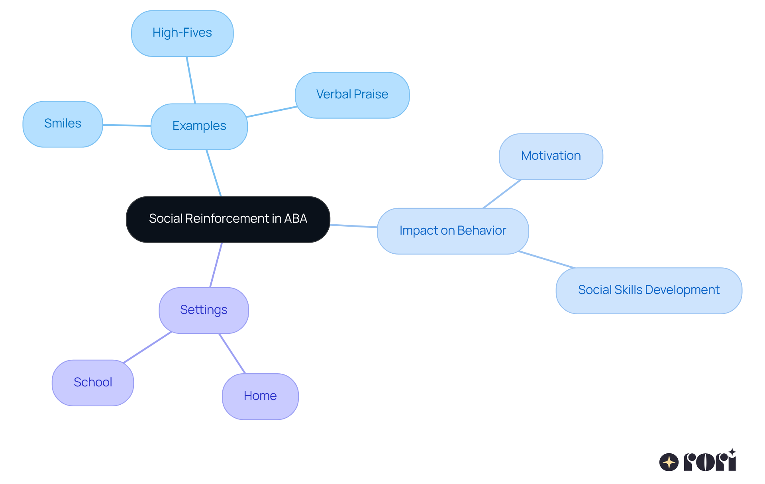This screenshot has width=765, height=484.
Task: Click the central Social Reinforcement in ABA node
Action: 228,219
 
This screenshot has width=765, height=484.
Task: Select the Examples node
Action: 199,126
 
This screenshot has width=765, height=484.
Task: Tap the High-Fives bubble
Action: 182,33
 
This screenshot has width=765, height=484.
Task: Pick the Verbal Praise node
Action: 352,95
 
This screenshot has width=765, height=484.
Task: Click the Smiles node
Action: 63,124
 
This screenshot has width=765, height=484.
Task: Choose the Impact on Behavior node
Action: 453,231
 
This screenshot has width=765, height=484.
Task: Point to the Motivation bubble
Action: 551,156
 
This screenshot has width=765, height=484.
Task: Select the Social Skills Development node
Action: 649,290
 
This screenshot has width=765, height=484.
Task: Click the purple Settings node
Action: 204,310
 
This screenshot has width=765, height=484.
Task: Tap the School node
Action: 93,382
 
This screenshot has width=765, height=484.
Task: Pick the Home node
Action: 260,396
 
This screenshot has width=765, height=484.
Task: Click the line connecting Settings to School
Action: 147,347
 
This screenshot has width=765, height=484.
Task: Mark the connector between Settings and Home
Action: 232,353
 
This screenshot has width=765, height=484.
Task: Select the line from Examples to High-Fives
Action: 191,80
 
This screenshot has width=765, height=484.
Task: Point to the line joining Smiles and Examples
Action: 127,125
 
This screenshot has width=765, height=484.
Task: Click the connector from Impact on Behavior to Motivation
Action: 502,194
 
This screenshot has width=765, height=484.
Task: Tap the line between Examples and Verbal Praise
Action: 271,112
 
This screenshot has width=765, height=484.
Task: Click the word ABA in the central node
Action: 296,219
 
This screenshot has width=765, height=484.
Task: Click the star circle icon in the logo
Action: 669,462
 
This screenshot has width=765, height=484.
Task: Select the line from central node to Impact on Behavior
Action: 354,226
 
